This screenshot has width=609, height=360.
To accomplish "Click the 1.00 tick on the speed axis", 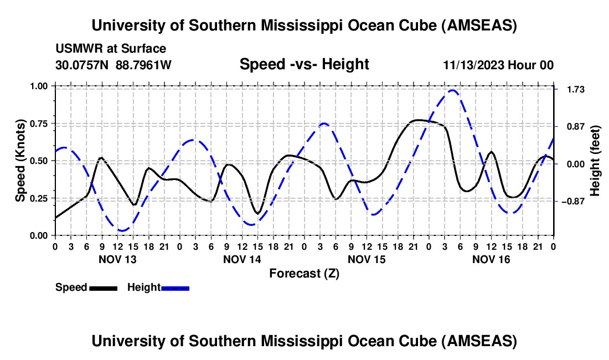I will tap(40, 86).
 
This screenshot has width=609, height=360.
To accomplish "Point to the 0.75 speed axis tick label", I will tap(40, 124).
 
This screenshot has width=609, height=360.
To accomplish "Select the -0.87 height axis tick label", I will tap(574, 202).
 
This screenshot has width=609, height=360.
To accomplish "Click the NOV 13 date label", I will tap(117, 259).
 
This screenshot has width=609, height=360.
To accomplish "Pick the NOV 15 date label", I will tap(367, 259).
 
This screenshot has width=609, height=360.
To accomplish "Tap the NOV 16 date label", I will tap(491, 259).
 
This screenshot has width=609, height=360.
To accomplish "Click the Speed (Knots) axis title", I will tap(20, 161).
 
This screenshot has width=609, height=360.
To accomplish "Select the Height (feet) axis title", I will tap(595, 161).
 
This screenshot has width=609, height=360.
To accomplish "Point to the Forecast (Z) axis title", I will tap(304, 273).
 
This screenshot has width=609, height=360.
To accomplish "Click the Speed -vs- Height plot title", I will tap(304, 64).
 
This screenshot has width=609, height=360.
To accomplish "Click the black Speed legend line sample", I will tap(103, 288).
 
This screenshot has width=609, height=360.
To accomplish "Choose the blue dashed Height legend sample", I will tap(176, 288).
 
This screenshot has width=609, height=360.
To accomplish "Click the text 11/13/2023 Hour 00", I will tap(498, 65).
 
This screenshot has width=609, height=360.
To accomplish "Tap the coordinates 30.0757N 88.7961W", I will tap(113, 65).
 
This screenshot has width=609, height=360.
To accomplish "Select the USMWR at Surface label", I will tap(111, 49).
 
